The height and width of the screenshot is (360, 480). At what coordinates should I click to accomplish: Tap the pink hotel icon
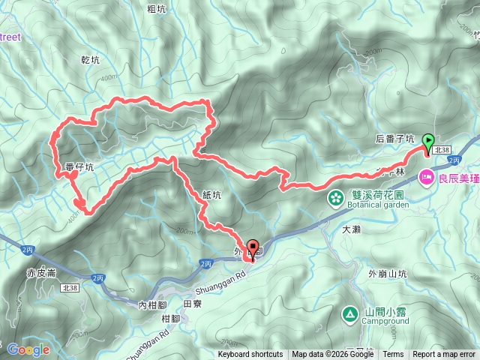point(427,177)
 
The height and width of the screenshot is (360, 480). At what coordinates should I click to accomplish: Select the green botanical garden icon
point(335,198)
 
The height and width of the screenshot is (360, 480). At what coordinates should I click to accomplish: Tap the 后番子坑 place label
point(394,139)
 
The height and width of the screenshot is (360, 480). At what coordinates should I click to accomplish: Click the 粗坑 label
point(157,9)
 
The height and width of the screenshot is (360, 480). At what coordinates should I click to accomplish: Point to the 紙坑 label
point(212,194)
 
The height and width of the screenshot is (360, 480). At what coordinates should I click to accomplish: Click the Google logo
point(28,349)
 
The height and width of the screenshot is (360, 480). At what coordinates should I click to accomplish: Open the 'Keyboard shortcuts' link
point(250,355)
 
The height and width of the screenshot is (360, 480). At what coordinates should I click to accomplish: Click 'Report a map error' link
point(444,355)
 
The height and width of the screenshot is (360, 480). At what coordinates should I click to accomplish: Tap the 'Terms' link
point(393,355)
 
